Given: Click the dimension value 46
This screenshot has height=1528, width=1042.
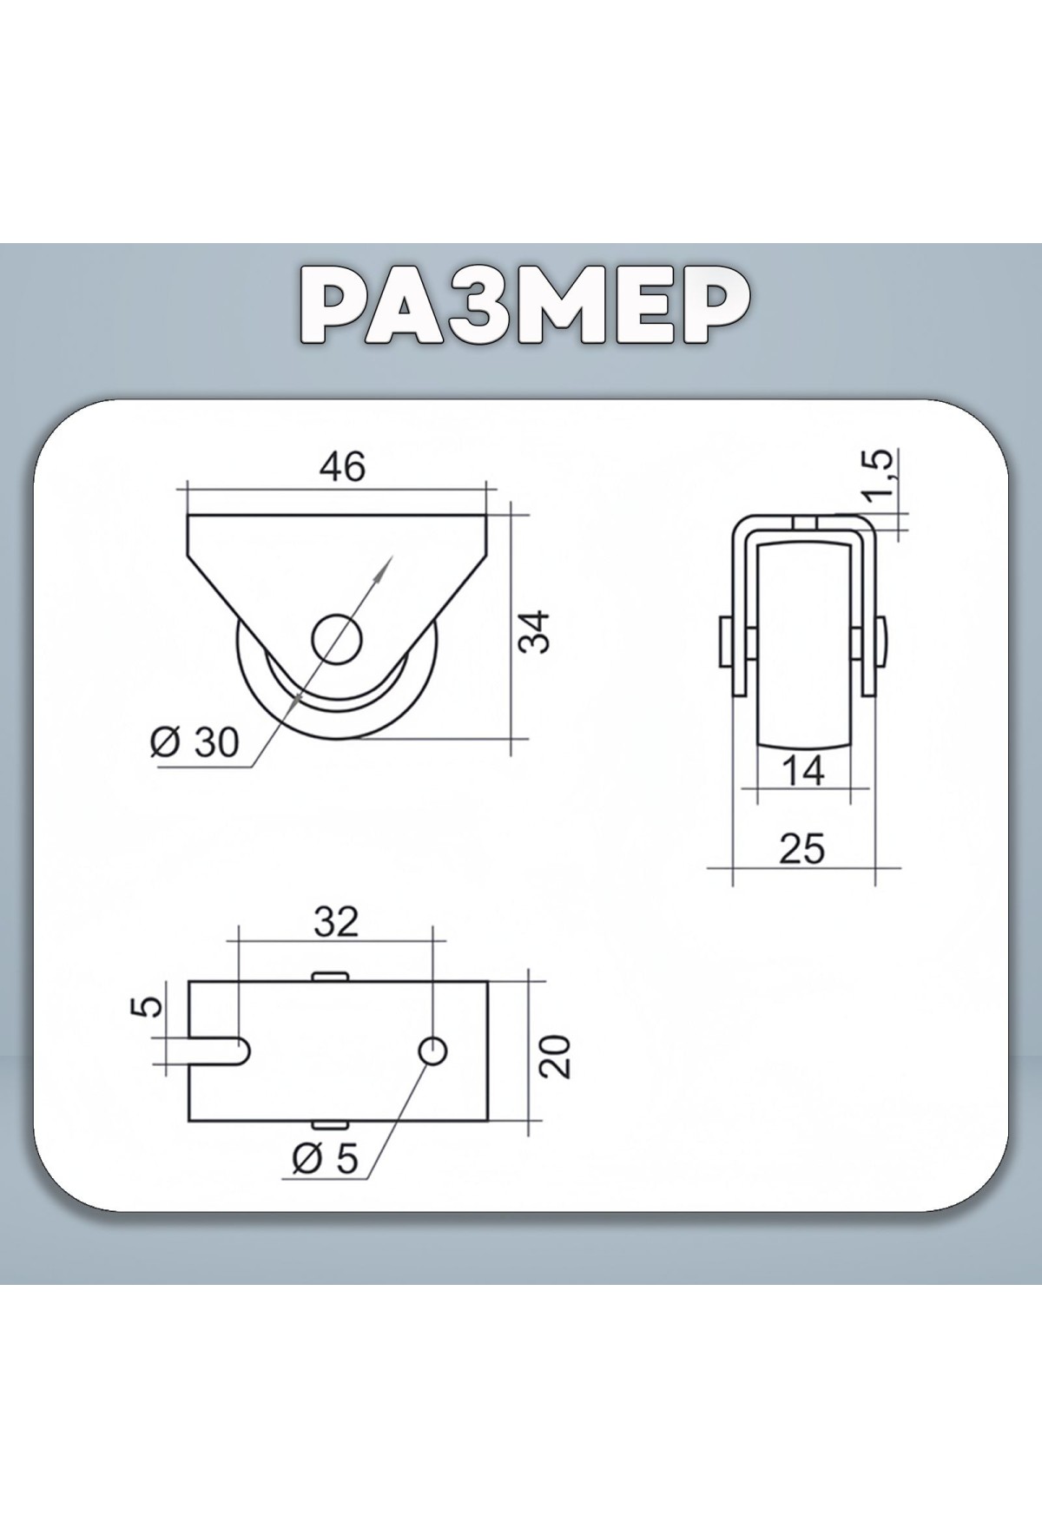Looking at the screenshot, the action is pyautogui.click(x=343, y=467).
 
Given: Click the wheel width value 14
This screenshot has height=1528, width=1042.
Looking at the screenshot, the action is pyautogui.click(x=802, y=770).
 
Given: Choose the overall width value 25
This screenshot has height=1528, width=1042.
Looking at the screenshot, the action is pyautogui.click(x=801, y=847).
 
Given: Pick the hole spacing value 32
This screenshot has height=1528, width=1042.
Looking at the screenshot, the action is pyautogui.click(x=336, y=921).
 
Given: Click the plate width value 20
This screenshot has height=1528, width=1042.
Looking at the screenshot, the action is pyautogui.click(x=557, y=1056).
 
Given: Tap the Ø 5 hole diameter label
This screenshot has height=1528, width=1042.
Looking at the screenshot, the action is pyautogui.click(x=325, y=1158).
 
